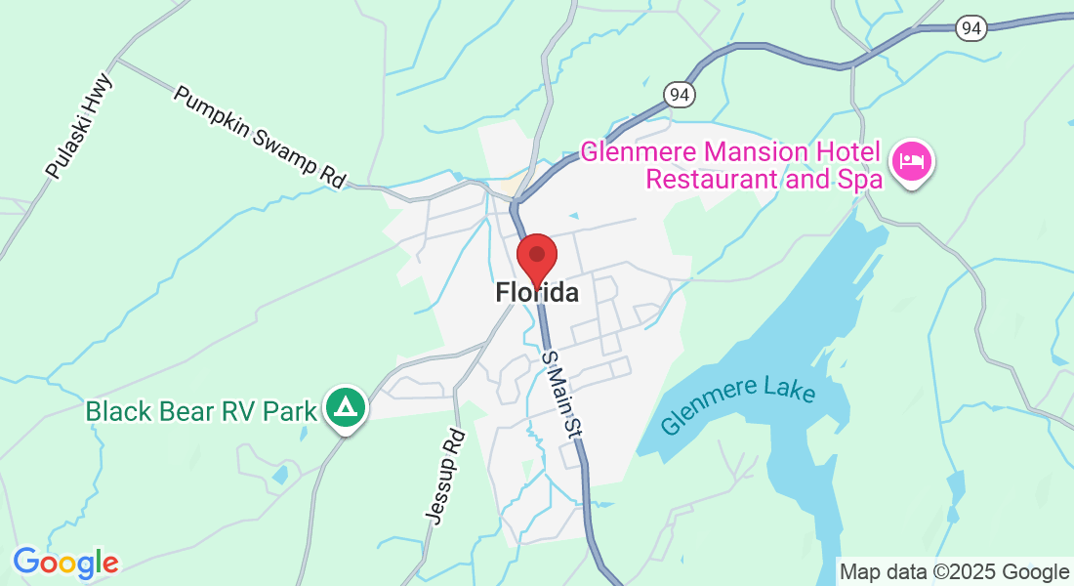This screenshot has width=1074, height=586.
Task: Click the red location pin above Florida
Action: (x=536, y=257)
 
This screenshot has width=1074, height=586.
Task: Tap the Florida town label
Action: (x=536, y=292)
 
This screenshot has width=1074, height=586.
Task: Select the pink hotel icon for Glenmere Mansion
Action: (x=912, y=159)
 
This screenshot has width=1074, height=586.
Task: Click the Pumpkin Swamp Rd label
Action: (x=261, y=137)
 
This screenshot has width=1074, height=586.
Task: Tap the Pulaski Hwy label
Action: (x=79, y=126)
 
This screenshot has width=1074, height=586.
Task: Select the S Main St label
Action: (x=561, y=395)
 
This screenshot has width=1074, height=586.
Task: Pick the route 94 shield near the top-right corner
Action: (x=971, y=29)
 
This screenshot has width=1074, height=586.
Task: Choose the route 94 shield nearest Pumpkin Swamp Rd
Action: (x=680, y=94)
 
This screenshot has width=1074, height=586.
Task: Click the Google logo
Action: (x=65, y=563)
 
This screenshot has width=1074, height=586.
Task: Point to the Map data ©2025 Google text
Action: (x=955, y=572)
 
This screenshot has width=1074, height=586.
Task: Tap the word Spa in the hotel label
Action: (x=863, y=179)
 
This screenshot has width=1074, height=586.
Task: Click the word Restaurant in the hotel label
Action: (x=707, y=179)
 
